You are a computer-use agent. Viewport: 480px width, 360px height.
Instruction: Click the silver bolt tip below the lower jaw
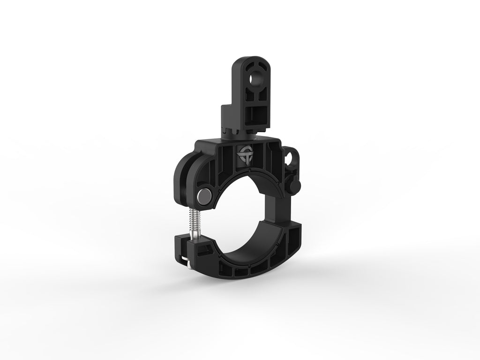point(187,266)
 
